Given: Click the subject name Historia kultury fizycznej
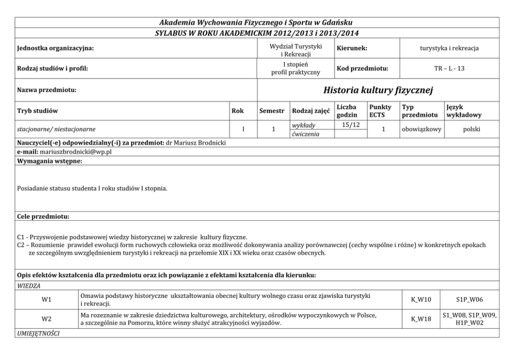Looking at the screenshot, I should click(x=379, y=90).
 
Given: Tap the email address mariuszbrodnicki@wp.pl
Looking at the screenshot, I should click(x=83, y=153).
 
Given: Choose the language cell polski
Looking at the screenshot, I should click(x=471, y=129).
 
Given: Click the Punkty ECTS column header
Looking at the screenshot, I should click(x=380, y=110).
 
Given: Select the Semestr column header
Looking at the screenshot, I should click(x=272, y=110).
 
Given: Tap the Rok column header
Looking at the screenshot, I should click(x=238, y=110).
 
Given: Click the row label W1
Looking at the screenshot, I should click(x=46, y=299).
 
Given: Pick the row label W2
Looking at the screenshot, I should click(x=46, y=319).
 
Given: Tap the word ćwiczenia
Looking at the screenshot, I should click(x=305, y=134).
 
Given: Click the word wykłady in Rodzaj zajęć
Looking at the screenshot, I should click(x=304, y=125).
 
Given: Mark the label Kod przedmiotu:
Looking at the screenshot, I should click(x=362, y=68).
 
